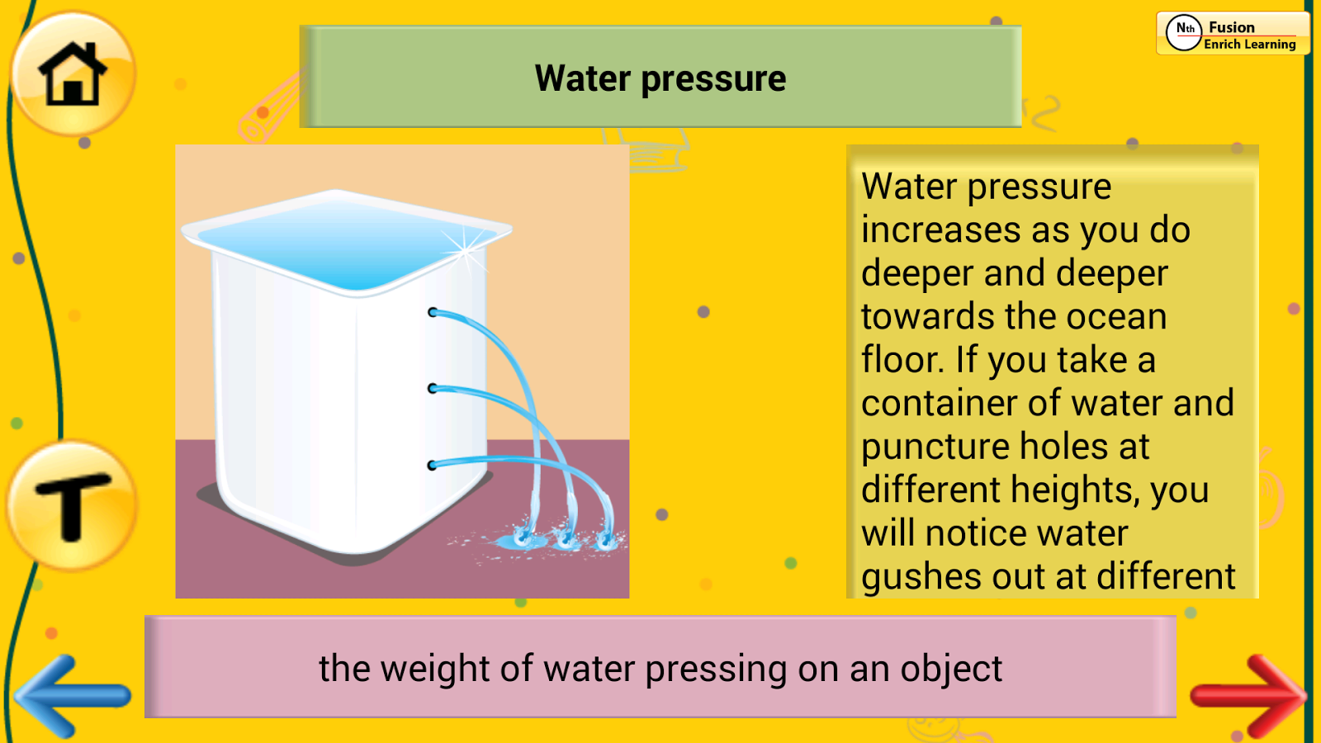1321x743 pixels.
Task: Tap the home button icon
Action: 73,73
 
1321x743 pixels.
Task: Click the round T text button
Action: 73,506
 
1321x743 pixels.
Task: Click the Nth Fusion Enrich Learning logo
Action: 1233,34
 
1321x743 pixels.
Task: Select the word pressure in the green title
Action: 713,79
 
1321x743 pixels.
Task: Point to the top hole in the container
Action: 433,313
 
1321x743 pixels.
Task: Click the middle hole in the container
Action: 433,389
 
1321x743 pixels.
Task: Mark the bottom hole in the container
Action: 433,466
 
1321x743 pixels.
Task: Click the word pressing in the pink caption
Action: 716,670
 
